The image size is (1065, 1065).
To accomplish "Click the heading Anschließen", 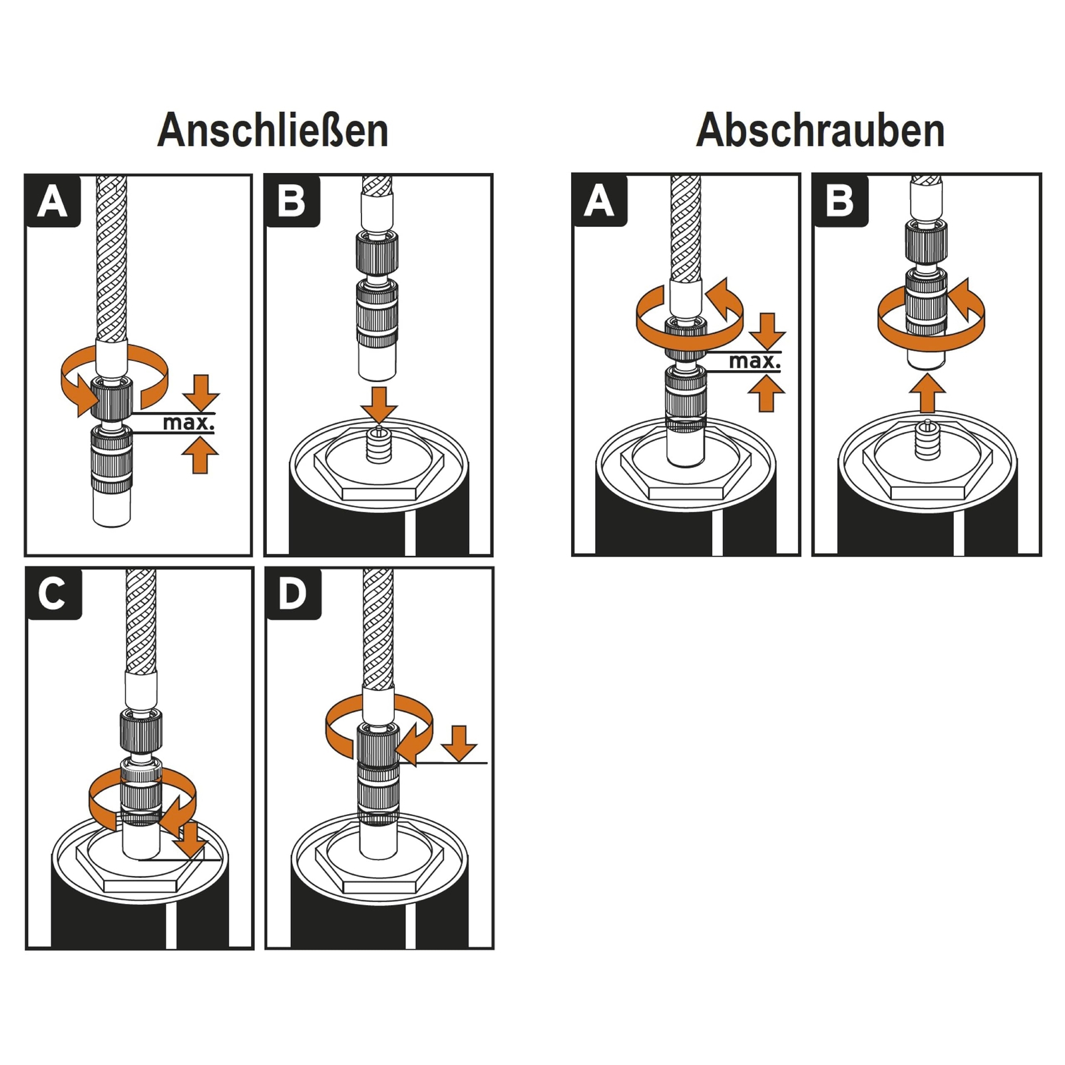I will tap(273, 130).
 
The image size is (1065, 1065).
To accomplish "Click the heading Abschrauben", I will tap(820, 130).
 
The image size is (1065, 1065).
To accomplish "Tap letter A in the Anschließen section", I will tap(53, 201).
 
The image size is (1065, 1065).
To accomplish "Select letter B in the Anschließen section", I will tap(292, 201).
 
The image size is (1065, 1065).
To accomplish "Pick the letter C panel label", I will tap(53, 593).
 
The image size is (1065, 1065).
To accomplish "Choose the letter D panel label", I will tap(293, 593).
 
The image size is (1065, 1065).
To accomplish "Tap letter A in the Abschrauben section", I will tap(599, 200).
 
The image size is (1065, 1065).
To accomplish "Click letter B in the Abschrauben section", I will tap(839, 200).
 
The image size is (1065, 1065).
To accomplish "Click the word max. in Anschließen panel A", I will tap(189, 422).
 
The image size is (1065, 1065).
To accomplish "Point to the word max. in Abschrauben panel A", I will tap(755, 361).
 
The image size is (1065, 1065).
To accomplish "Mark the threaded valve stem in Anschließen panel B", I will tap(379, 447).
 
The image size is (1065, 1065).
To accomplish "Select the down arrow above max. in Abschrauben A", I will tap(767, 330).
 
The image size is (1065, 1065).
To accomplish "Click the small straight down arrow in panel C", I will tap(192, 840).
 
